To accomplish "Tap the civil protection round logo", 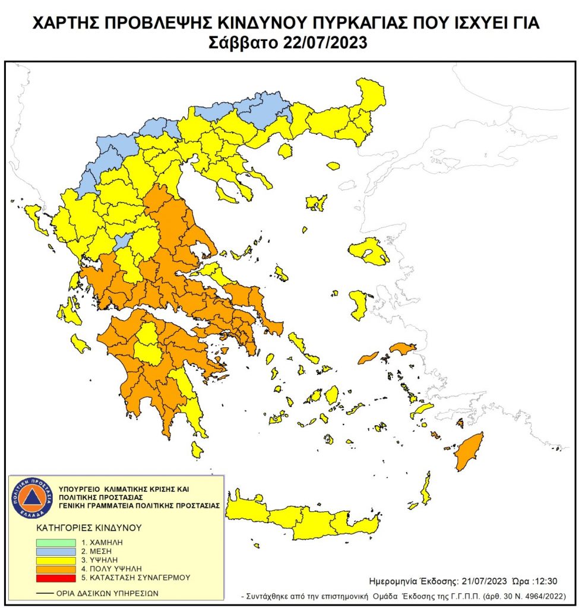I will [x=34, y=498].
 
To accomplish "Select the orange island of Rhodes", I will [x=469, y=451].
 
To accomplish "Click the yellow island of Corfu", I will [x=35, y=217].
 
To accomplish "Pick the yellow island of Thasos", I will [x=285, y=151].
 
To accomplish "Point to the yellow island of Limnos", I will [x=317, y=202].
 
